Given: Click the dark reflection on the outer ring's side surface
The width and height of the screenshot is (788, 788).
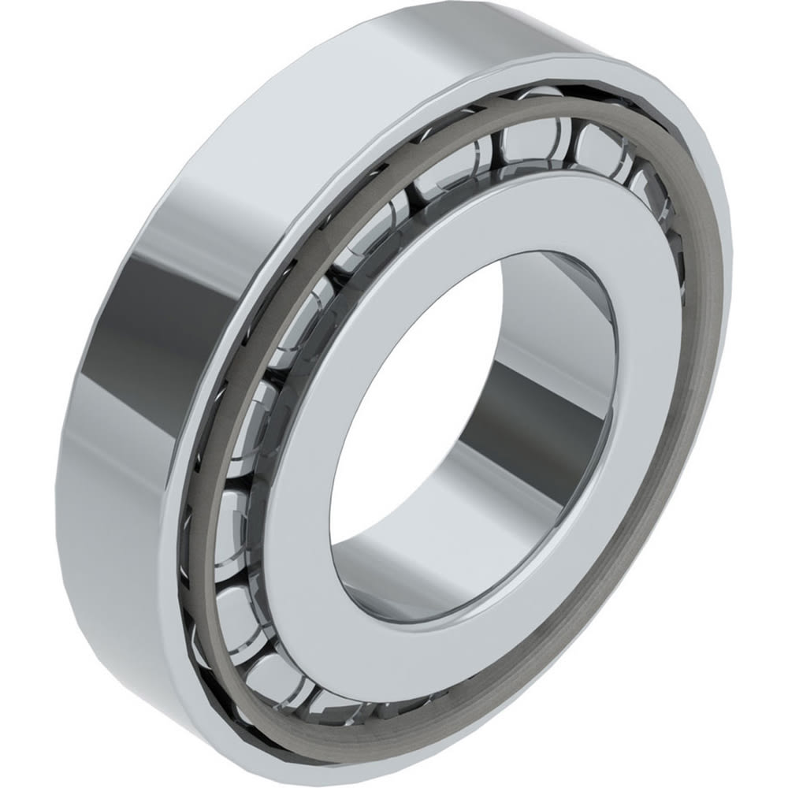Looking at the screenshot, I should pyautogui.click(x=134, y=315).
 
